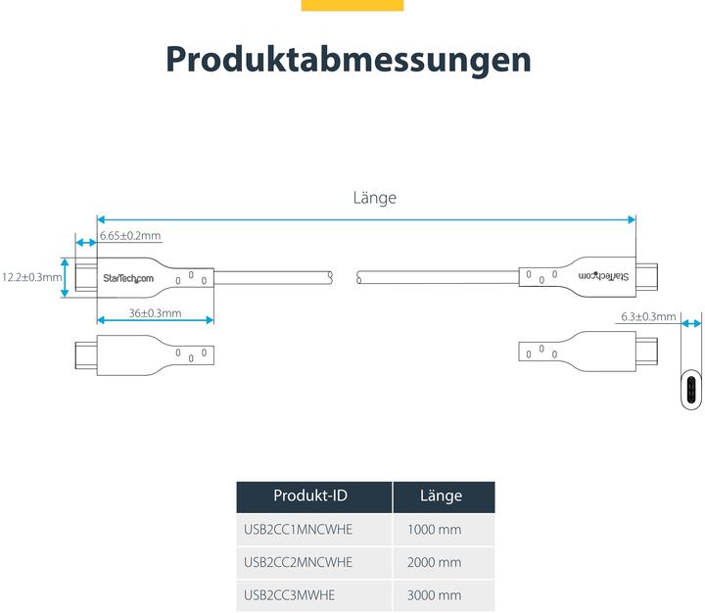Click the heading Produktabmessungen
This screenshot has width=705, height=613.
pyautogui.click(x=348, y=59)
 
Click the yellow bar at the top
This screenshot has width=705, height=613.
pyautogui.click(x=352, y=5)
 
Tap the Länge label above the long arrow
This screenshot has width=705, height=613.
pyautogui.click(x=374, y=198)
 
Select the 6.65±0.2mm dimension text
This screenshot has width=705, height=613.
pyautogui.click(x=130, y=236)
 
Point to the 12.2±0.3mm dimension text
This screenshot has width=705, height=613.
pyautogui.click(x=31, y=277)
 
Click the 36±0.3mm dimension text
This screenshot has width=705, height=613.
pyautogui.click(x=155, y=313)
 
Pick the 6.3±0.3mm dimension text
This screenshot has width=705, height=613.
pyautogui.click(x=648, y=316)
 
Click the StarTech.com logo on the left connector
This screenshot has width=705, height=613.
pyautogui.click(x=128, y=279)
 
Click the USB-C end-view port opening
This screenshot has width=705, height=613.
pyautogui.click(x=691, y=392)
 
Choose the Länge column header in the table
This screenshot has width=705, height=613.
pyautogui.click(x=441, y=496)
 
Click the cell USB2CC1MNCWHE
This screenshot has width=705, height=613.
pyautogui.click(x=298, y=530)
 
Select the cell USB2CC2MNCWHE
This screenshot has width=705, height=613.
pyautogui.click(x=298, y=562)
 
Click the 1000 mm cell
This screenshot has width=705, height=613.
pyautogui.click(x=434, y=530)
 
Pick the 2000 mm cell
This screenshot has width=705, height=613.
pyautogui.click(x=434, y=562)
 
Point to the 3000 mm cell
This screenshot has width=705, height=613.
pyautogui.click(x=434, y=594)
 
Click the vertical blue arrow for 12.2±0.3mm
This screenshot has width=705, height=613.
pyautogui.click(x=66, y=277)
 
